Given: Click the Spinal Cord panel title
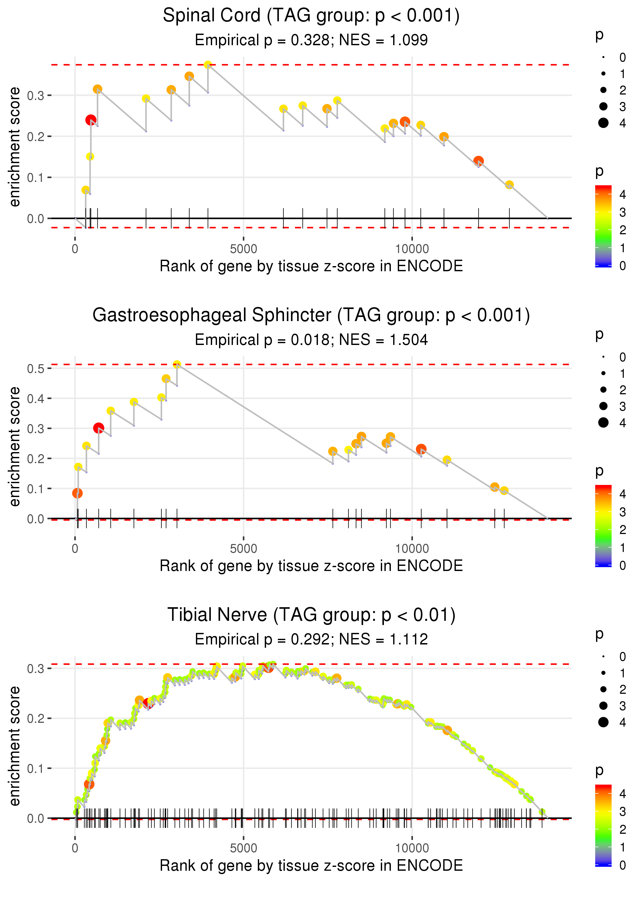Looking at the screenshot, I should (x=311, y=16).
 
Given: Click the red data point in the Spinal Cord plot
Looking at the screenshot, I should (x=91, y=120).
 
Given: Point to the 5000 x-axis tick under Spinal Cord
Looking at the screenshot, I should (x=243, y=249).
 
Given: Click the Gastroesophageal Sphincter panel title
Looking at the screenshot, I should (x=311, y=315).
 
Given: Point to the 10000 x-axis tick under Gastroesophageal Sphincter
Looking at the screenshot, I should (x=412, y=548).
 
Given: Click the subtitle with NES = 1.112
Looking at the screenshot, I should (x=311, y=639).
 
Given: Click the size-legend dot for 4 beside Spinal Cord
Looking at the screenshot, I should (x=603, y=123).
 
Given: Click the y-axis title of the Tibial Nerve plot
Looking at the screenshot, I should (x=15, y=746).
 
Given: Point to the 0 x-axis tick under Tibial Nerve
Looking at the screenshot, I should (x=75, y=848).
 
